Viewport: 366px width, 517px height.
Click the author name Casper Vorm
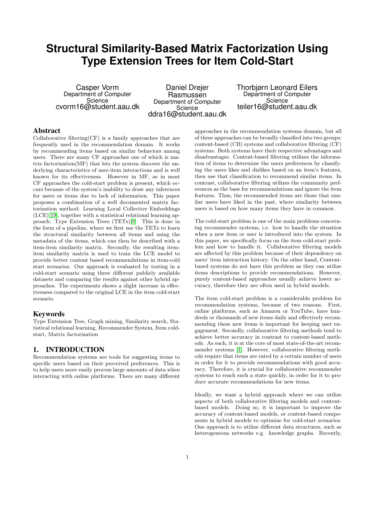pyautogui.click(x=97, y=88)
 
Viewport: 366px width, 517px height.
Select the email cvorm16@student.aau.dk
pyautogui.click(x=97, y=107)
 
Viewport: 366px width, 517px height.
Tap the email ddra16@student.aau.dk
pyautogui.click(x=187, y=114)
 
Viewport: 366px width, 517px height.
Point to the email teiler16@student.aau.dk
pyautogui.click(x=277, y=107)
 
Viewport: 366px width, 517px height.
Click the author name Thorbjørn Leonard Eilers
pyautogui.click(x=277, y=88)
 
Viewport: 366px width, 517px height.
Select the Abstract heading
pyautogui.click(x=47, y=131)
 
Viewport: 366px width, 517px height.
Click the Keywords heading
pyautogui.click(x=49, y=314)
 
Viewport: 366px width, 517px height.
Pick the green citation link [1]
pyautogui.click(x=239, y=350)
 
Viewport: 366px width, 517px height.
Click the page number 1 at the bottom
pyautogui.click(x=187, y=457)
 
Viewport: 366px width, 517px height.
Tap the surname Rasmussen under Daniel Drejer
pyautogui.click(x=187, y=95)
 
